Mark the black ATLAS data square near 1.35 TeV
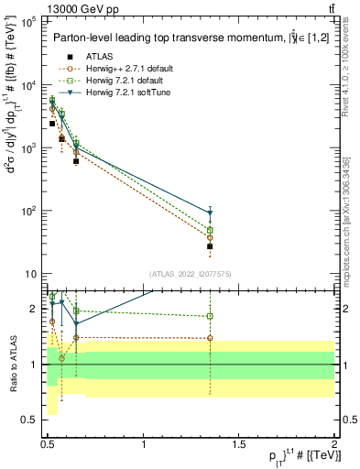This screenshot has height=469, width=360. click(x=210, y=246)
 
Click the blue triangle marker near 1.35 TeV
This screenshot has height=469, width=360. click(x=210, y=213)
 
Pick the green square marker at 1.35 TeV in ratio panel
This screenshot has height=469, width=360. click(x=210, y=316)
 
